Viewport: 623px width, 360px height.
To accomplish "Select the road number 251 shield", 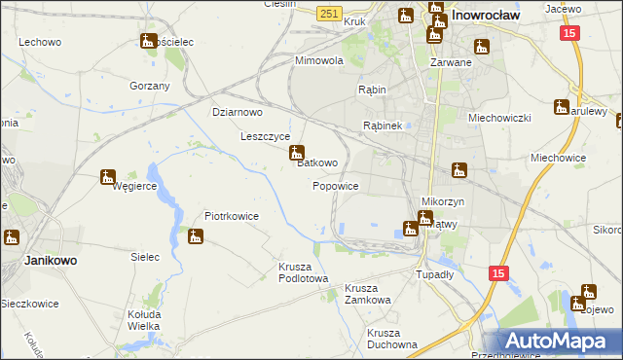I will pyautogui.click(x=329, y=12).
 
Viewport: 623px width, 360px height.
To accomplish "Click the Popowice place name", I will pyautogui.click(x=336, y=186).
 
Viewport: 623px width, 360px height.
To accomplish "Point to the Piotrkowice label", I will pyautogui.click(x=231, y=216).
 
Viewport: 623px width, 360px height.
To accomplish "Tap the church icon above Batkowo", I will pyautogui.click(x=297, y=153).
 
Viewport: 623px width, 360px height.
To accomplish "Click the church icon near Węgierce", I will pyautogui.click(x=108, y=177).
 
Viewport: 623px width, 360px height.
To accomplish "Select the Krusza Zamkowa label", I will pyautogui.click(x=367, y=294).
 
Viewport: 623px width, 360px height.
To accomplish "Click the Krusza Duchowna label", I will pyautogui.click(x=392, y=338).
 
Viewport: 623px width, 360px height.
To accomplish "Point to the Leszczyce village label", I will pyautogui.click(x=266, y=136).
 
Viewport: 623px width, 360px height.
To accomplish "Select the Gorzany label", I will pyautogui.click(x=150, y=86).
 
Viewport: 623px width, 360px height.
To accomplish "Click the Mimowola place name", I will pyautogui.click(x=320, y=60).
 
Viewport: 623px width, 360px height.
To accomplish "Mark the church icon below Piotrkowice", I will pyautogui.click(x=196, y=235).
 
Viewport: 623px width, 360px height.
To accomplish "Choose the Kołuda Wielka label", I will pyautogui.click(x=144, y=320).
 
